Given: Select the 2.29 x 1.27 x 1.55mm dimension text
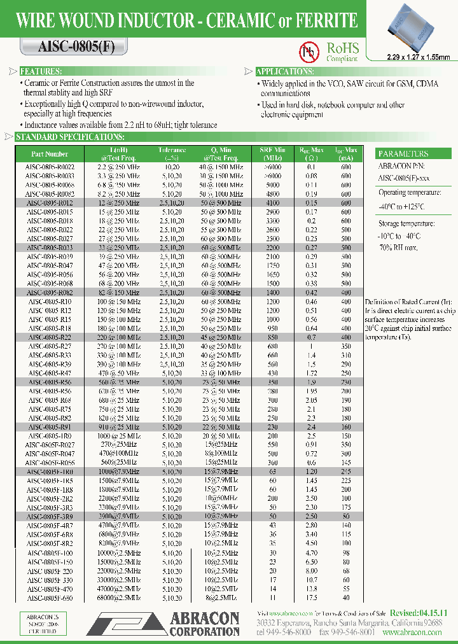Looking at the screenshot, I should click(418, 57).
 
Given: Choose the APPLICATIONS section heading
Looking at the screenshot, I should click(284, 72).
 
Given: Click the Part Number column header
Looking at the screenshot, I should click(49, 153).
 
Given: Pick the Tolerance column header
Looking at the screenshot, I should click(172, 153).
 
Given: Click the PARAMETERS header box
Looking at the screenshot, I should click(403, 154).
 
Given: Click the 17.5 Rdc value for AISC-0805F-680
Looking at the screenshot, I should click(312, 598).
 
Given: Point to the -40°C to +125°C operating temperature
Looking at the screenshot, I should click(403, 207).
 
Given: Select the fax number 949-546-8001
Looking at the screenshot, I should click(347, 633).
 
